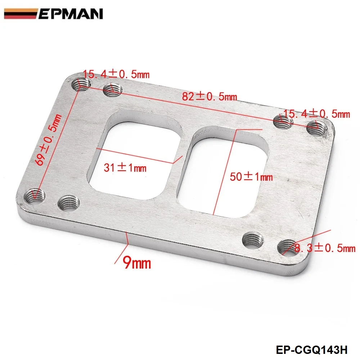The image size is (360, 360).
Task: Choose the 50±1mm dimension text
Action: (x=251, y=177)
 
